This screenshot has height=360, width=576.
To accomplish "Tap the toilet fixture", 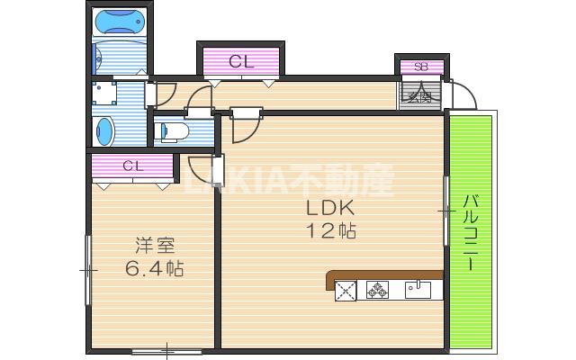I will [171, 132].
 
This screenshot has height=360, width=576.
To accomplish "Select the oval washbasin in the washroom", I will [105, 130].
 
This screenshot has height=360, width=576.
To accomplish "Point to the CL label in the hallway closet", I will [240, 62].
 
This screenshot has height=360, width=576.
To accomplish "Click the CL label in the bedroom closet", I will [133, 166].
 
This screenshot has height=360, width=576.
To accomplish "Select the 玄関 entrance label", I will [420, 94].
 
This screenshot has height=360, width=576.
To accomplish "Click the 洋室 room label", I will [154, 245].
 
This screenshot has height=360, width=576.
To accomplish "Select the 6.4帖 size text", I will [154, 267].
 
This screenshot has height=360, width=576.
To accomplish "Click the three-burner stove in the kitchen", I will [377, 290].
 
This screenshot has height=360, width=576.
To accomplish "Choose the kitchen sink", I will [418, 290].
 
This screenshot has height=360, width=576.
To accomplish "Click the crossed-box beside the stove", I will [346, 290].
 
